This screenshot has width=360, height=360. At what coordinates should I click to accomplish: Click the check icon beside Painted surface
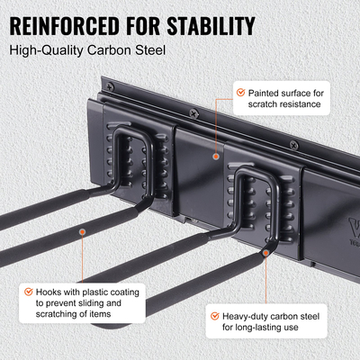pos(239,92)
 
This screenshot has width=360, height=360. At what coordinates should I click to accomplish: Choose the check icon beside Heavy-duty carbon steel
pos(213,316)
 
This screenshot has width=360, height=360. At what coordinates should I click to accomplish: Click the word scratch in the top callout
pos(254,105)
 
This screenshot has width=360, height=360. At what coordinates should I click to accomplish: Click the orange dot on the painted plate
pos(215,156)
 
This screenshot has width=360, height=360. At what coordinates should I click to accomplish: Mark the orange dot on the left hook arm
pos(82,232)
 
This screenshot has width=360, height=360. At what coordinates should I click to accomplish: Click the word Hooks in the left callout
pos(54,291)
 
